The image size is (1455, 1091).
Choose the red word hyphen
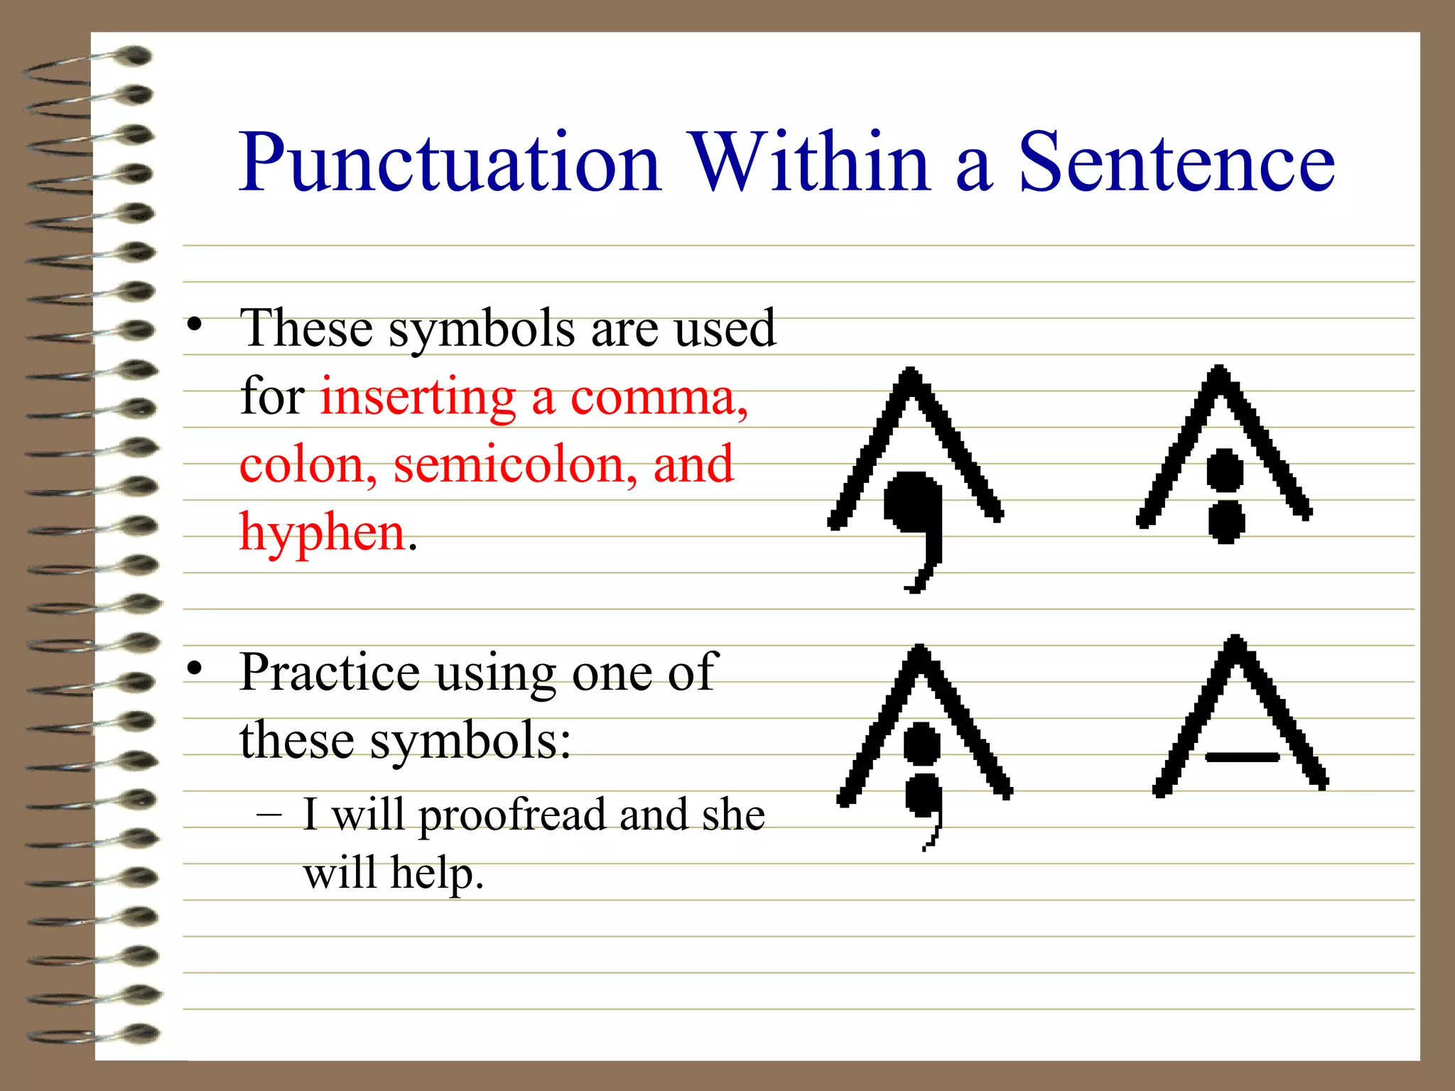tap(322, 532)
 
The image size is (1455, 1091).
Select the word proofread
tap(511, 815)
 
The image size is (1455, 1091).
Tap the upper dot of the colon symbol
tap(1225, 469)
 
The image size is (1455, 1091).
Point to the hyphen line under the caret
tap(1242, 757)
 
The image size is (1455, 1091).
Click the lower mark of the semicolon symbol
tap(924, 803)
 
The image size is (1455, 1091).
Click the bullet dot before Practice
tap(195, 668)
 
